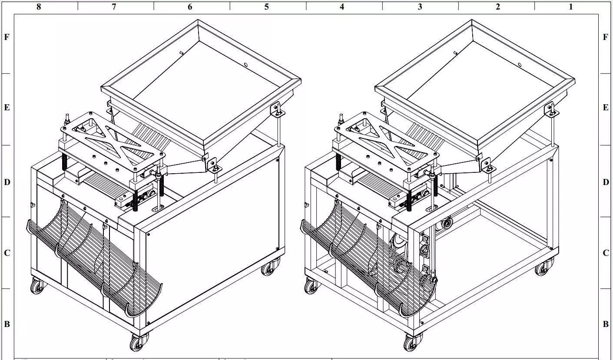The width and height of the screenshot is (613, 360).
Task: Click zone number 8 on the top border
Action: tap(39, 7)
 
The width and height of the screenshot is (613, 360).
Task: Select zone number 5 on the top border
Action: tap(266, 7)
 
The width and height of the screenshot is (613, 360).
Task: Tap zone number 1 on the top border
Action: tap(570, 7)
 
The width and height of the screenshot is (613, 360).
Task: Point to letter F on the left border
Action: tap(7, 37)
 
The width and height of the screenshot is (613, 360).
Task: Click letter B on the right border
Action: tap(606, 324)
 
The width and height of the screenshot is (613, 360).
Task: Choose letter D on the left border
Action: tap(7, 182)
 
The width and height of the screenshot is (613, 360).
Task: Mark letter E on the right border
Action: tap(606, 108)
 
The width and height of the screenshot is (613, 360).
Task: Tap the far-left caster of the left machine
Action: tap(37, 286)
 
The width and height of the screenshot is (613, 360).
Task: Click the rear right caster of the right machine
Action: tap(543, 267)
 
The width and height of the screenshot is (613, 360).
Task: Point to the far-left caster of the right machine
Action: tap(311, 286)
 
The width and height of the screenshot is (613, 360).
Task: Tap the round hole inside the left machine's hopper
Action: tap(246, 65)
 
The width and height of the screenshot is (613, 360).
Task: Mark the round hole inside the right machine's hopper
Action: tap(520, 65)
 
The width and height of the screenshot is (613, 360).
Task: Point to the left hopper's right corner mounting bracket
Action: tap(276, 109)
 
